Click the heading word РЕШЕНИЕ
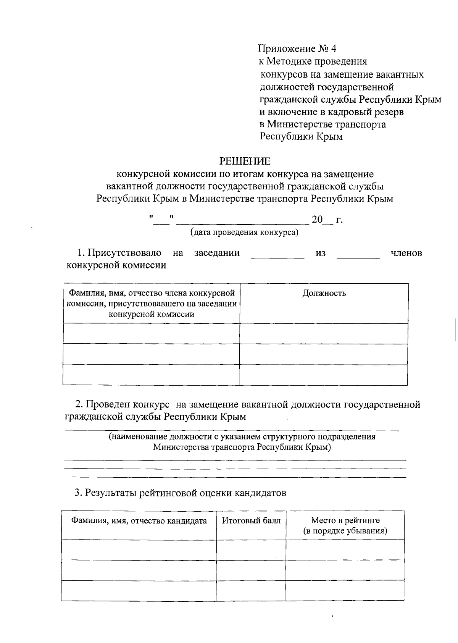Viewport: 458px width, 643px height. point(245,161)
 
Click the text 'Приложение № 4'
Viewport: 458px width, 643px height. point(297,49)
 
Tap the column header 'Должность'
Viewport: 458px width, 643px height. point(324,293)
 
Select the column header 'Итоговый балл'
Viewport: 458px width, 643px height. point(251,520)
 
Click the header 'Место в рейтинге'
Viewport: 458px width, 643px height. point(345,520)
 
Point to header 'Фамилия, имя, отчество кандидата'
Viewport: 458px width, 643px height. point(139,521)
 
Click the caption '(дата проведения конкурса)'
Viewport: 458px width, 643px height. point(244,233)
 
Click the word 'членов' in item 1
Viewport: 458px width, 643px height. point(406,253)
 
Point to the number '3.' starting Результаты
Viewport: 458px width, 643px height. point(78,493)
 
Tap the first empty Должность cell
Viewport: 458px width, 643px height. point(324,334)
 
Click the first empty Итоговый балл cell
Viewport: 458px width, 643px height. point(251,550)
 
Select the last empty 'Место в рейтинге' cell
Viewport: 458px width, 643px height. point(345,590)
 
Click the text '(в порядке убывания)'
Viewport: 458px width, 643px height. point(345,531)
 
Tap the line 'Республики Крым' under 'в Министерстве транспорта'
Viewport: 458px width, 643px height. point(301,137)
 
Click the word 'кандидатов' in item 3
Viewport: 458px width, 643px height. point(260,493)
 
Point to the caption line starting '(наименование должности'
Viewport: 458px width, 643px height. point(242,437)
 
